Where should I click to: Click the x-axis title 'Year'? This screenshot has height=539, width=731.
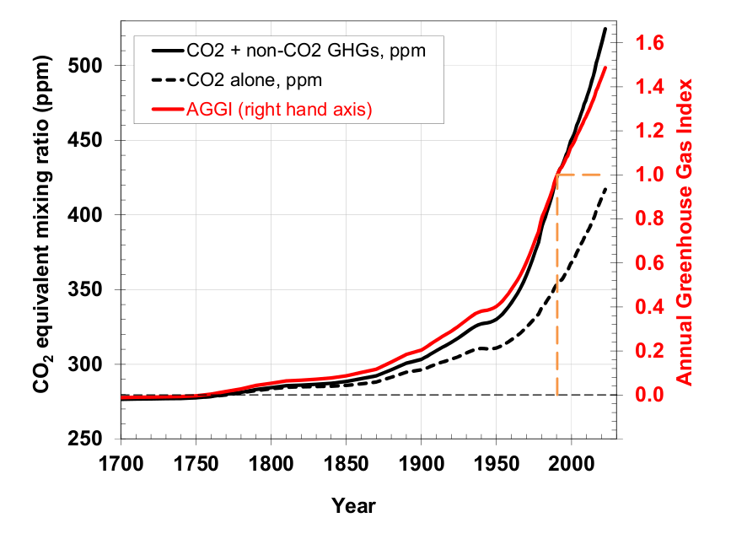(353, 506)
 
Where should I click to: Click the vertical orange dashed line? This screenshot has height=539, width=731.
(556, 287)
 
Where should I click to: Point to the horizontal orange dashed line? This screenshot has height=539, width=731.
(582, 175)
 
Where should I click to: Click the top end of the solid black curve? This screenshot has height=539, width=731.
(605, 29)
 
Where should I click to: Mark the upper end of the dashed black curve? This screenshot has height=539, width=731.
(605, 188)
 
